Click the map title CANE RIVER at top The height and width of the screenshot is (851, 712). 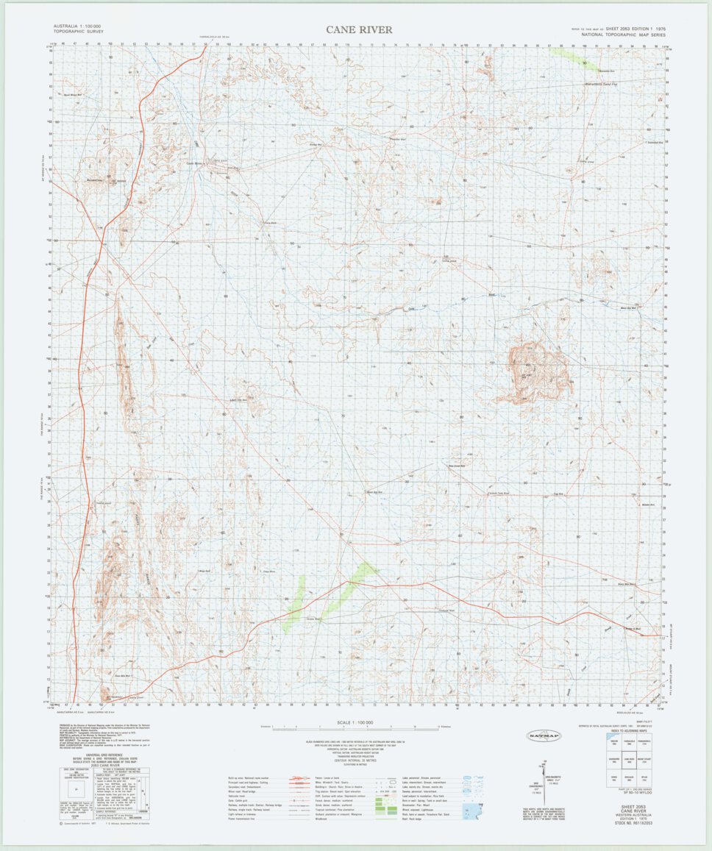(360, 30)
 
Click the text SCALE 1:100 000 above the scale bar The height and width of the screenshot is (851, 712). (355, 722)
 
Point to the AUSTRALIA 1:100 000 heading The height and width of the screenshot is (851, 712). (76, 26)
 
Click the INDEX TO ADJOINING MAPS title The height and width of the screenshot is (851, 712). (628, 730)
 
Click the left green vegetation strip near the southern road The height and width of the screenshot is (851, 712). (295, 599)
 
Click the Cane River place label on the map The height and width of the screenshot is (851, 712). (194, 163)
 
